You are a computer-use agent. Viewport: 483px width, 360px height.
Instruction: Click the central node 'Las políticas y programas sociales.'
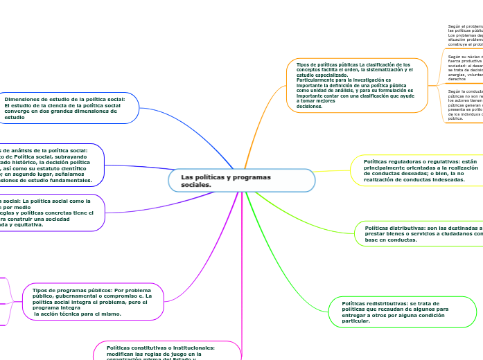(x=241, y=181)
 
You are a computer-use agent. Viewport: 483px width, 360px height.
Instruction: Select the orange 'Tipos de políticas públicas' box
(x=357, y=85)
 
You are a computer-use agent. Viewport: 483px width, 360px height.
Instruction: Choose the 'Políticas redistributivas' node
(x=402, y=312)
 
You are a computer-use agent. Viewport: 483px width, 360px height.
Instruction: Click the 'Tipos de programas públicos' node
(x=94, y=302)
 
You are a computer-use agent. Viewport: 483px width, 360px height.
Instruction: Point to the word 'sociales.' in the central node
(x=196, y=185)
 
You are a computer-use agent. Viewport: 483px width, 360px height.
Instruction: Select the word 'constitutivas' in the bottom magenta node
(x=143, y=348)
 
